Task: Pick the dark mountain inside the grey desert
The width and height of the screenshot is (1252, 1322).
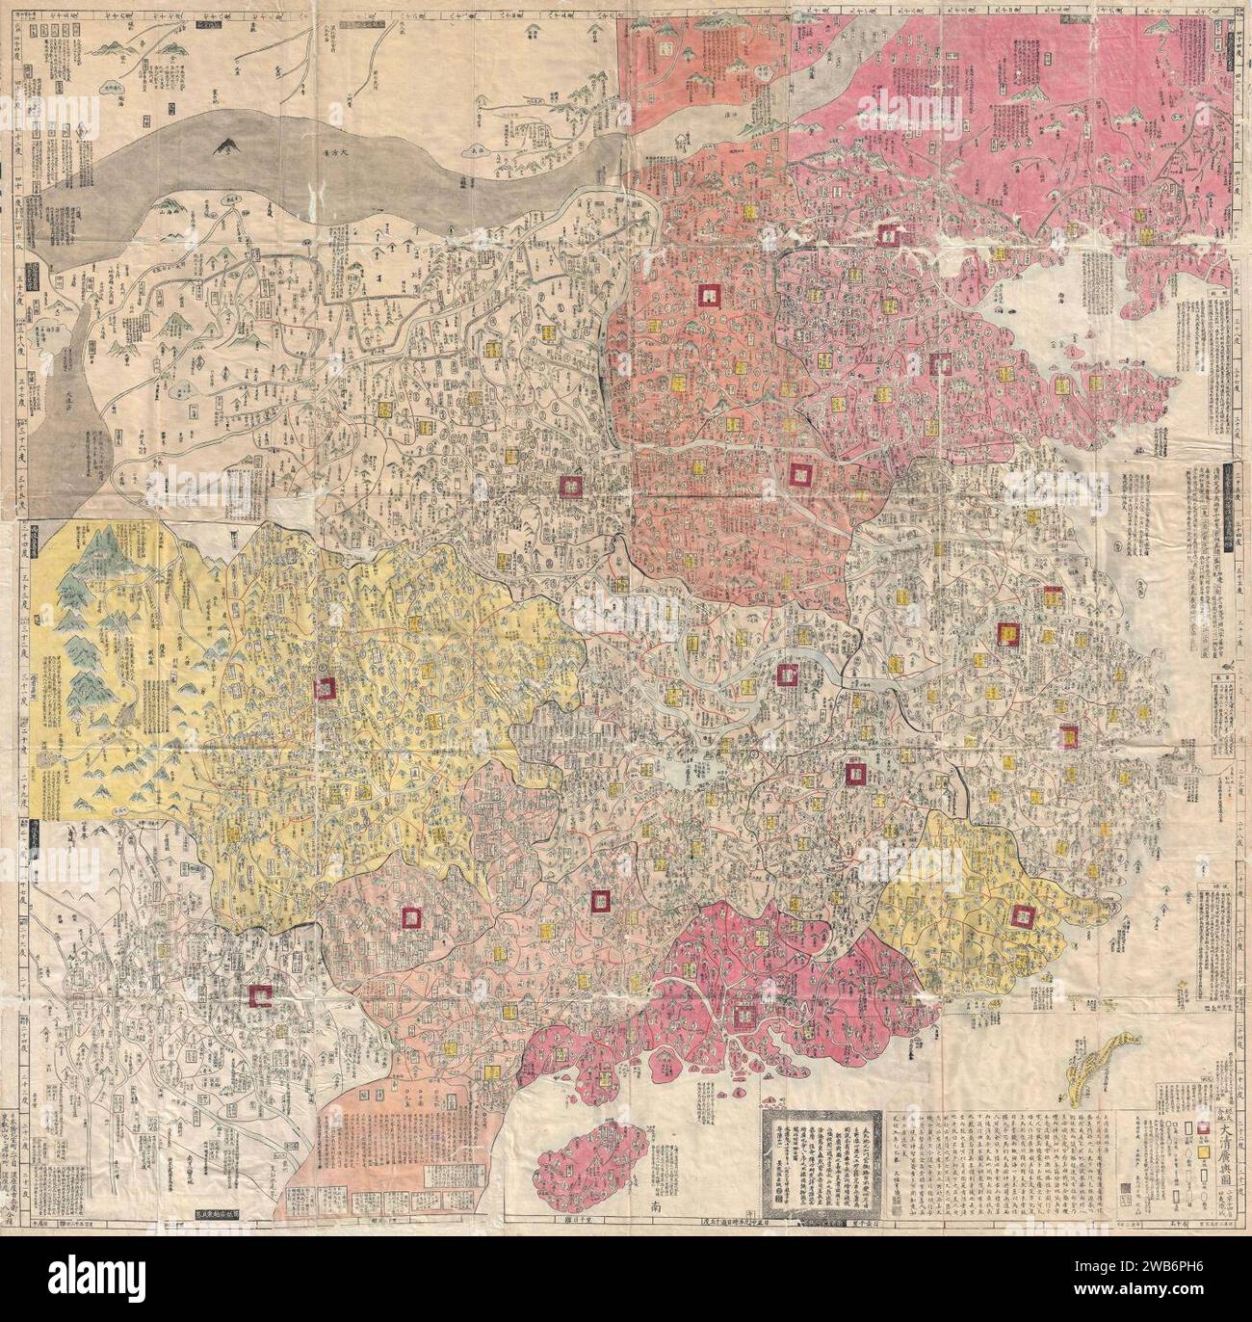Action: tap(228, 146)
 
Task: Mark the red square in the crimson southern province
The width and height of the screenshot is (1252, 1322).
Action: tap(743, 1015)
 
